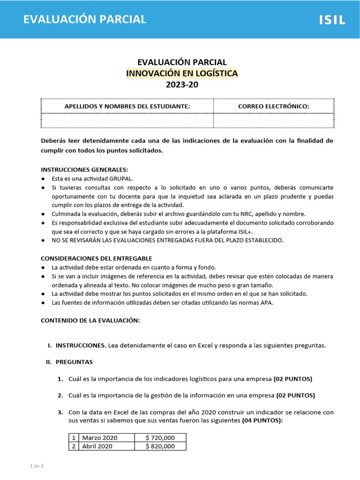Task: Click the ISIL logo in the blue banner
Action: click(x=332, y=20)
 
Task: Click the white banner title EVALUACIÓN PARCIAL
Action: click(x=85, y=19)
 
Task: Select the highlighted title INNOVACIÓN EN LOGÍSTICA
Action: click(x=182, y=74)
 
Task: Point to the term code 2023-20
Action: click(x=182, y=85)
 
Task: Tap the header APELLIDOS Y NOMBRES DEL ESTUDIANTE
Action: click(x=127, y=106)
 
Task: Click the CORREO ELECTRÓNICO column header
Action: click(x=274, y=106)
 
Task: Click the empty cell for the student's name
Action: click(x=127, y=120)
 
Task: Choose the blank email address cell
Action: click(x=274, y=120)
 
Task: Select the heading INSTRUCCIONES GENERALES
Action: click(x=84, y=170)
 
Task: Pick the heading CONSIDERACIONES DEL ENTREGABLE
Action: click(x=97, y=258)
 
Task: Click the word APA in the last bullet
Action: click(x=267, y=302)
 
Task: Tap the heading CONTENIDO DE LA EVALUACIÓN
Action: click(x=90, y=320)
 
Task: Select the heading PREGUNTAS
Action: click(x=74, y=362)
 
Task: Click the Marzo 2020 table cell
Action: click(x=100, y=438)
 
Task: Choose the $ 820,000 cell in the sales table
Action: click(x=160, y=446)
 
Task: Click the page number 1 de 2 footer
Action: click(x=37, y=466)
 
